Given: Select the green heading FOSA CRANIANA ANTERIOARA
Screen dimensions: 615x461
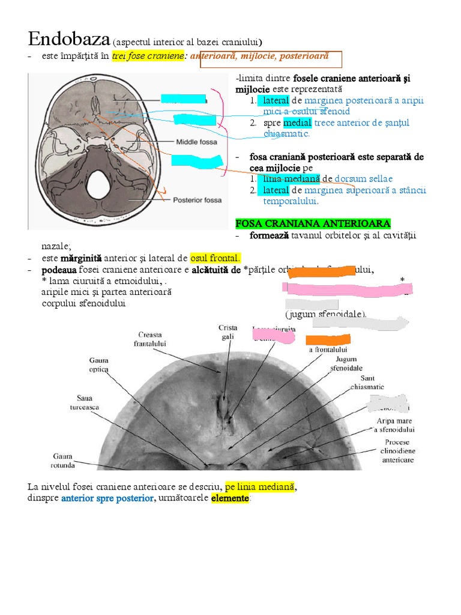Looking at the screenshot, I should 313,223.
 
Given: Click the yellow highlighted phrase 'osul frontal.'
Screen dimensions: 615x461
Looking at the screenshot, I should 215,258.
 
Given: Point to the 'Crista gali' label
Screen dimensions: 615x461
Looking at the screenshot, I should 227,332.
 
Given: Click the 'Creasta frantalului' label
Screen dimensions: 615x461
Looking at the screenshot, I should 150,339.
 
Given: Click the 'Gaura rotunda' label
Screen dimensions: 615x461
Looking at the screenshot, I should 63,460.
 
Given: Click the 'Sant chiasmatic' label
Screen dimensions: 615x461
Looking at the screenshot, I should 367,383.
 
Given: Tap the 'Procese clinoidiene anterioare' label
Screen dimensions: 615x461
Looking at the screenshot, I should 398,451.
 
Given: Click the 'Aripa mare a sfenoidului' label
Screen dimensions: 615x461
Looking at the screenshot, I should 395,425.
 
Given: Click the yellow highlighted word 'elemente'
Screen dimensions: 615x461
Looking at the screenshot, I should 229,498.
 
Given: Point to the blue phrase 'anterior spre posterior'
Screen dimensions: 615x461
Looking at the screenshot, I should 107,498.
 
